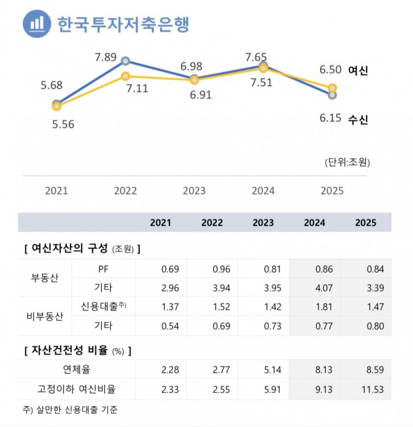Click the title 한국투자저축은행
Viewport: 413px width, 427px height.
click(123, 24)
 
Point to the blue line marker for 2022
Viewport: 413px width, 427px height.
click(125, 61)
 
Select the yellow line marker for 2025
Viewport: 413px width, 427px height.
click(332, 88)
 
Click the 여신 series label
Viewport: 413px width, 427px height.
click(358, 71)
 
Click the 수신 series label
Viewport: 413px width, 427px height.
click(358, 119)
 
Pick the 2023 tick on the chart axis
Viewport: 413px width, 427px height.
click(194, 191)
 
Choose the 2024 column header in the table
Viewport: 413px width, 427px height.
click(314, 223)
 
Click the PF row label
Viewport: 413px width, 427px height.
click(103, 269)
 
